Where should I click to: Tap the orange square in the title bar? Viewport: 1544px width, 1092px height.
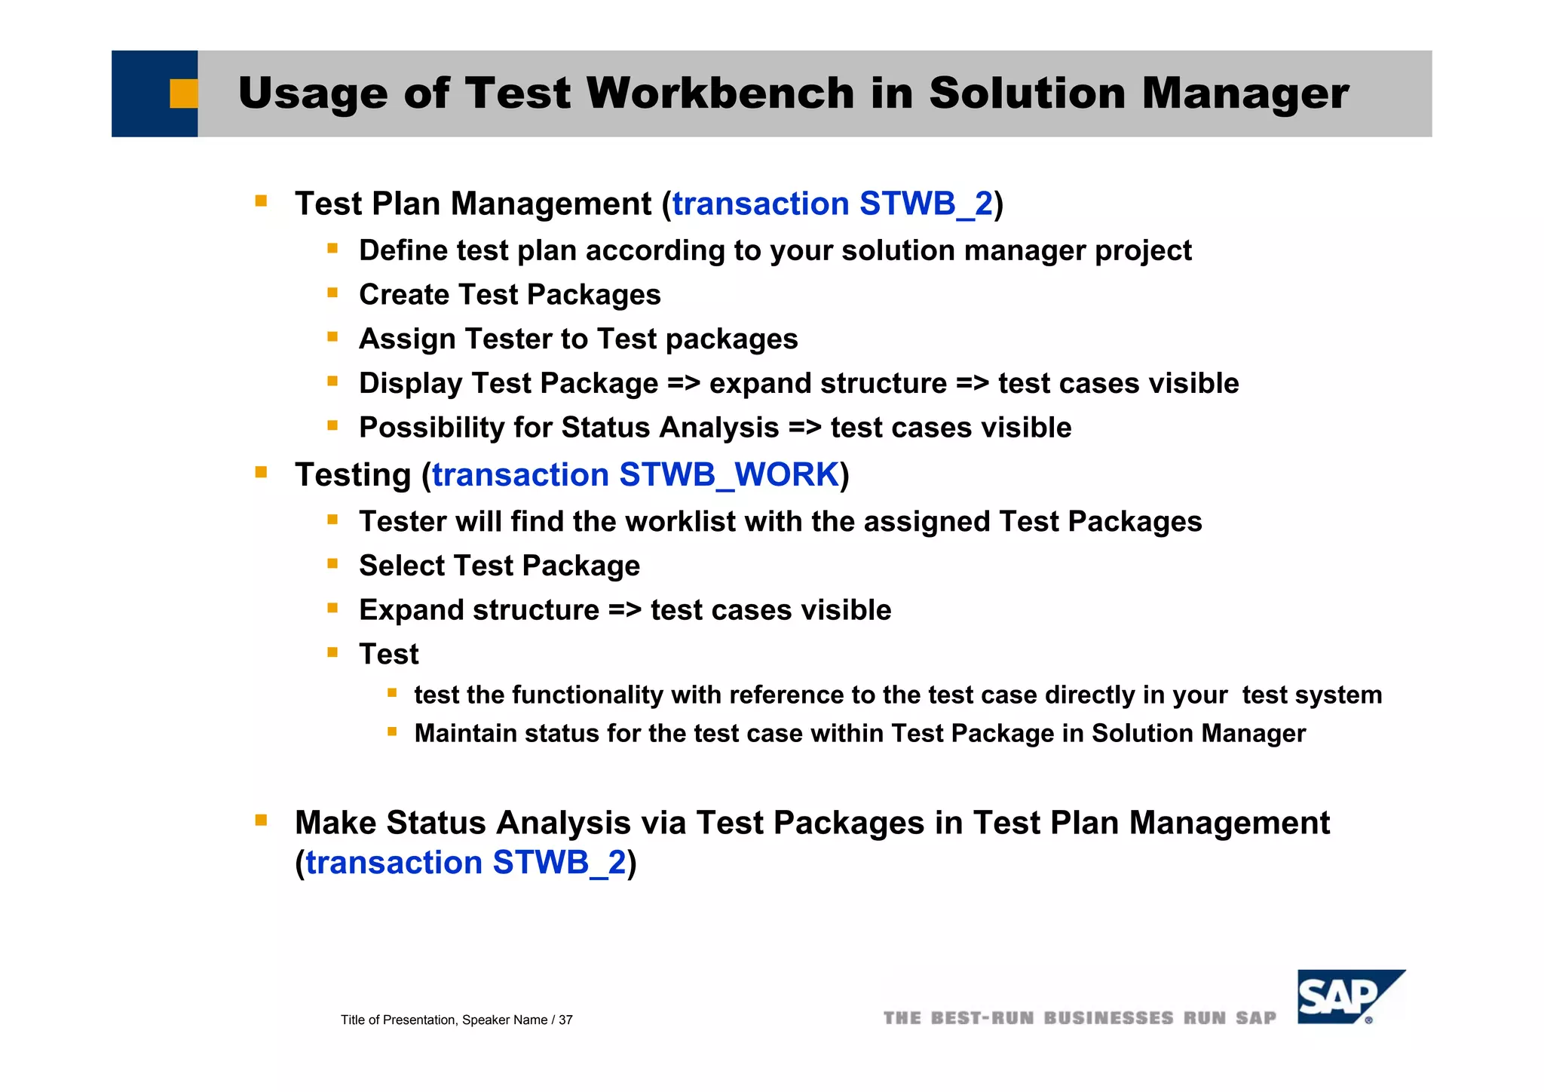(183, 94)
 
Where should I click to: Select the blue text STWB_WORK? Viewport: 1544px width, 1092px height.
(729, 475)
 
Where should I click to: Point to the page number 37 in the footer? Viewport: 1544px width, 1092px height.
(565, 1020)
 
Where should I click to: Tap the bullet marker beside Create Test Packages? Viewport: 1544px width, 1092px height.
(332, 293)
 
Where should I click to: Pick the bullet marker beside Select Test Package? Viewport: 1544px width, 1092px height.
(332, 563)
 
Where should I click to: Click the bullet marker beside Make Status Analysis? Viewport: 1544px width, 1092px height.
(261, 820)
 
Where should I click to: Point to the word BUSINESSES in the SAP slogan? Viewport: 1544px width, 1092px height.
(1108, 1018)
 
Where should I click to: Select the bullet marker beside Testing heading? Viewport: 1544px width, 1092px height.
(261, 473)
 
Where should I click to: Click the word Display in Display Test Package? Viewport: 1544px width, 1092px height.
(411, 384)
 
